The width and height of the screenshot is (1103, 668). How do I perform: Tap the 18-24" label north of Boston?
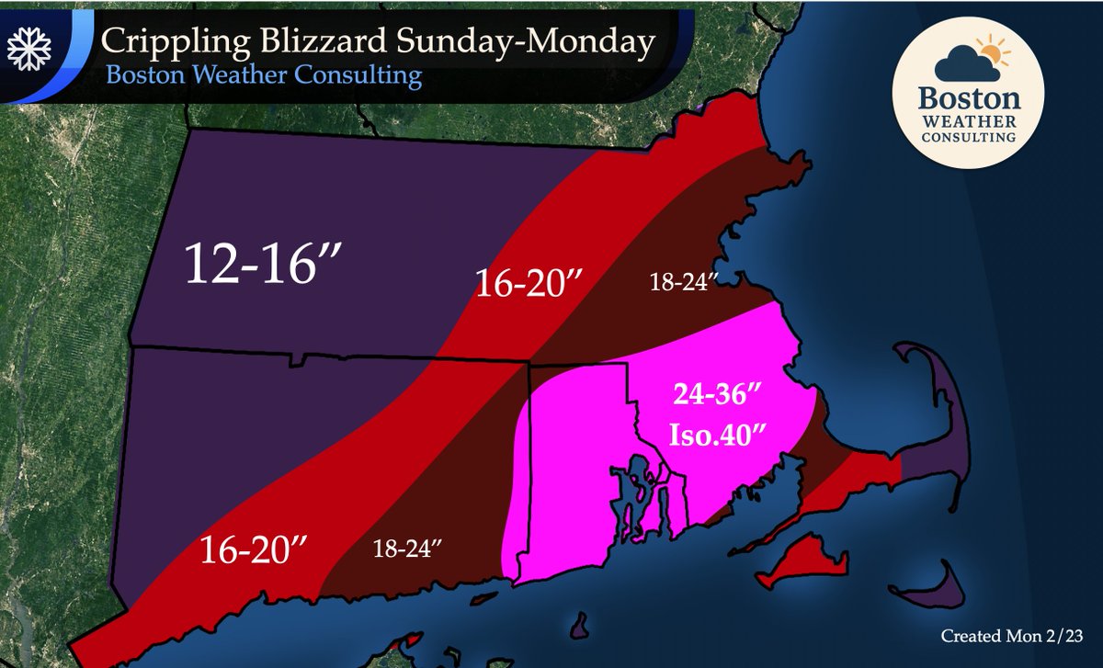coord(678,283)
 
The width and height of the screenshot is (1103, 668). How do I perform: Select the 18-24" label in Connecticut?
coord(409,549)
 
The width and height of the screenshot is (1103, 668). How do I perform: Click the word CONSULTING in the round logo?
coord(979,138)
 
